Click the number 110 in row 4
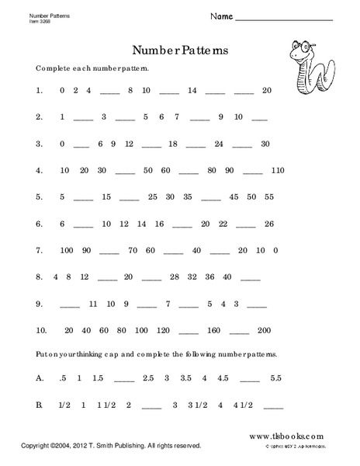(279, 169)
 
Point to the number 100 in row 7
(67, 249)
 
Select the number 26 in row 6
(269, 223)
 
